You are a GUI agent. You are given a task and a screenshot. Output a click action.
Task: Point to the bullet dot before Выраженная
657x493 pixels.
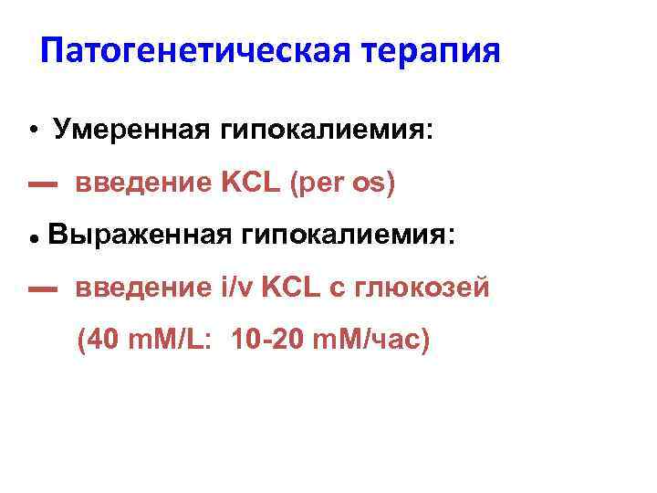pos(32,237)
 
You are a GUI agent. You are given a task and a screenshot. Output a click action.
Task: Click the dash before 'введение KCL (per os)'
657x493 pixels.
pos(42,185)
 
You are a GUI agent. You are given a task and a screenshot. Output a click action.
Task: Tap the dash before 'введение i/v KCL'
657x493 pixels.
pos(42,290)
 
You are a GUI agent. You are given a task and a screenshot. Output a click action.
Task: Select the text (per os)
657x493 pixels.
pos(342,184)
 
